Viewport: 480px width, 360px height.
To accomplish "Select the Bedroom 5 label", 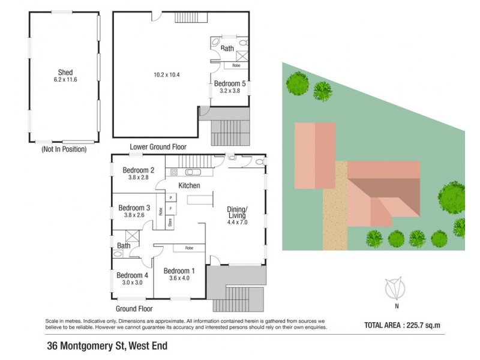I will [x=230, y=84].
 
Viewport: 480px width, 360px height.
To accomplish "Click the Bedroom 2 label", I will [x=139, y=170].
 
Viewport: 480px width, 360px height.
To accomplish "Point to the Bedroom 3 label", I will [x=134, y=208].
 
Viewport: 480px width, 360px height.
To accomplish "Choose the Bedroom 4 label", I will [x=133, y=275].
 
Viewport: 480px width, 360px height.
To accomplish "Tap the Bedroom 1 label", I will [x=179, y=270].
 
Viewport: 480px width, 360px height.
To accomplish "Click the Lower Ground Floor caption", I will [x=158, y=147].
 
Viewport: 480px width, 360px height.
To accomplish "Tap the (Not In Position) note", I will [x=64, y=149].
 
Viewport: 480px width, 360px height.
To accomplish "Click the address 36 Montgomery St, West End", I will [x=107, y=346].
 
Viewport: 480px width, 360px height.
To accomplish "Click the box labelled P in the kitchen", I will [x=171, y=197].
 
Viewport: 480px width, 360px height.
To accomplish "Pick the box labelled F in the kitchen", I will [x=171, y=209].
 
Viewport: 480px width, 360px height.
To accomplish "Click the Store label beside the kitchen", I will [x=170, y=221].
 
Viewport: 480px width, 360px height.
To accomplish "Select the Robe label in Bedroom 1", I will [x=189, y=248].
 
